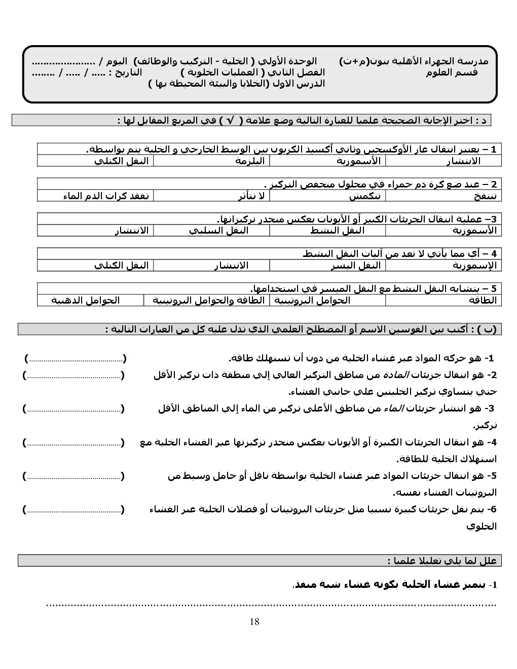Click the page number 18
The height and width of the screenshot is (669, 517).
tap(254, 622)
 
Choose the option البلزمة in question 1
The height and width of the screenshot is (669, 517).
tap(250, 161)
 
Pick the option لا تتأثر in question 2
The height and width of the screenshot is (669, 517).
tap(251, 196)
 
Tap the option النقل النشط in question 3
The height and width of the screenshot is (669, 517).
tap(338, 231)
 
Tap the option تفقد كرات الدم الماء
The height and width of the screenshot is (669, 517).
tap(106, 196)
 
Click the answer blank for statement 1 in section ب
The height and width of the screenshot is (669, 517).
tap(75, 359)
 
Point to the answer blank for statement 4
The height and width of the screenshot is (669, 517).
tap(73, 443)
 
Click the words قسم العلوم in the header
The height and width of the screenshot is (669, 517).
tap(452, 72)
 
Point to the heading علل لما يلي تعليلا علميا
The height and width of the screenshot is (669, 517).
tap(441, 561)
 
